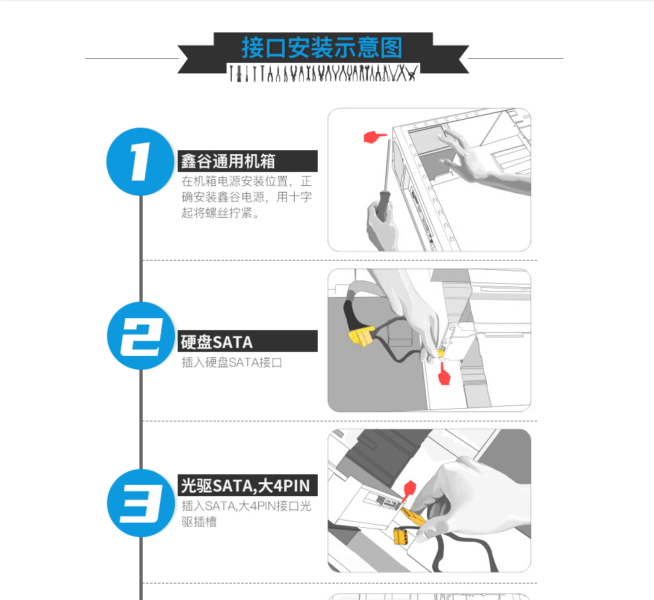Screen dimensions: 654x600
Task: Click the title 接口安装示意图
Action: pos(322,48)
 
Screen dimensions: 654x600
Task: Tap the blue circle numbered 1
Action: pos(141,161)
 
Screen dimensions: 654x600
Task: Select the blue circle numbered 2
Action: pos(141,335)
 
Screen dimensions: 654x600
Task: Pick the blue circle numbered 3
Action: pos(141,503)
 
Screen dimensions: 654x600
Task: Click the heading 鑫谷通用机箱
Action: pos(228,161)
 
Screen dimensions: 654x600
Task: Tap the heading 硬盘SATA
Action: pos(217,342)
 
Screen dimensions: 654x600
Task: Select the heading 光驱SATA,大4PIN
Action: pos(246,486)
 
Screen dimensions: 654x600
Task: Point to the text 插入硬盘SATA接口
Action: pos(232,363)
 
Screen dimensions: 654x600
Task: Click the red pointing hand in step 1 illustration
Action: pos(375,136)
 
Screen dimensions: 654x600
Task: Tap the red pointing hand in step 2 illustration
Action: pos(444,374)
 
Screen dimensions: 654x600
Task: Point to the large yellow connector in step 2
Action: pos(361,336)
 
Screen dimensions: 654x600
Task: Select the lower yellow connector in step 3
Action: pos(401,536)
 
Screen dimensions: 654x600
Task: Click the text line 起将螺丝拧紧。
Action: pos(221,213)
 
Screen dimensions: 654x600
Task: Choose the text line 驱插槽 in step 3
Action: pos(199,522)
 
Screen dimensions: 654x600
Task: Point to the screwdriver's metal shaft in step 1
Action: pos(387,165)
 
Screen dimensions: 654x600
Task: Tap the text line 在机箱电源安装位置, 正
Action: pos(246,181)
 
